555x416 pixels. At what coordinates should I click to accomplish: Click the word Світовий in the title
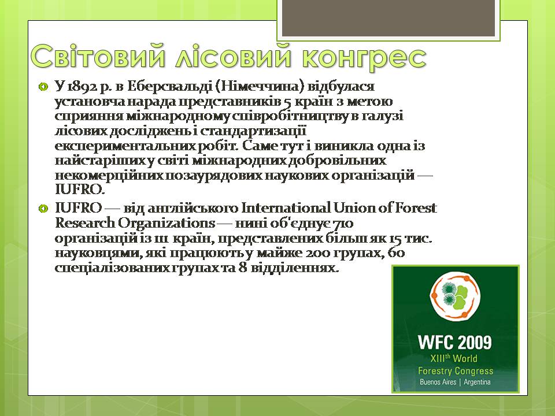[98, 56]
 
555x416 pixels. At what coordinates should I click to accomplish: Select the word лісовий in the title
[234, 56]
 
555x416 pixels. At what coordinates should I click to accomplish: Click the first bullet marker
[43, 87]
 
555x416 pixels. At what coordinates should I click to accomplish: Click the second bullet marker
[43, 209]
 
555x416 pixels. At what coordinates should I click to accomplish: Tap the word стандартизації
[253, 132]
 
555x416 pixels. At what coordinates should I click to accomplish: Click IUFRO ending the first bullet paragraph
[80, 190]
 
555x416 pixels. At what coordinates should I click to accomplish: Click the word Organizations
[166, 224]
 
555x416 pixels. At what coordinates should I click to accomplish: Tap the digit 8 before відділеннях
[243, 268]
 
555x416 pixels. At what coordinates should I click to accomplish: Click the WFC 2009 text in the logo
[455, 342]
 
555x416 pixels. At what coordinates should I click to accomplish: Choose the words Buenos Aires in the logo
[438, 382]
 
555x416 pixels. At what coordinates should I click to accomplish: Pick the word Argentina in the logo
[477, 382]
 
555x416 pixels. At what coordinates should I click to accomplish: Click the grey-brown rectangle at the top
[388, 18]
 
